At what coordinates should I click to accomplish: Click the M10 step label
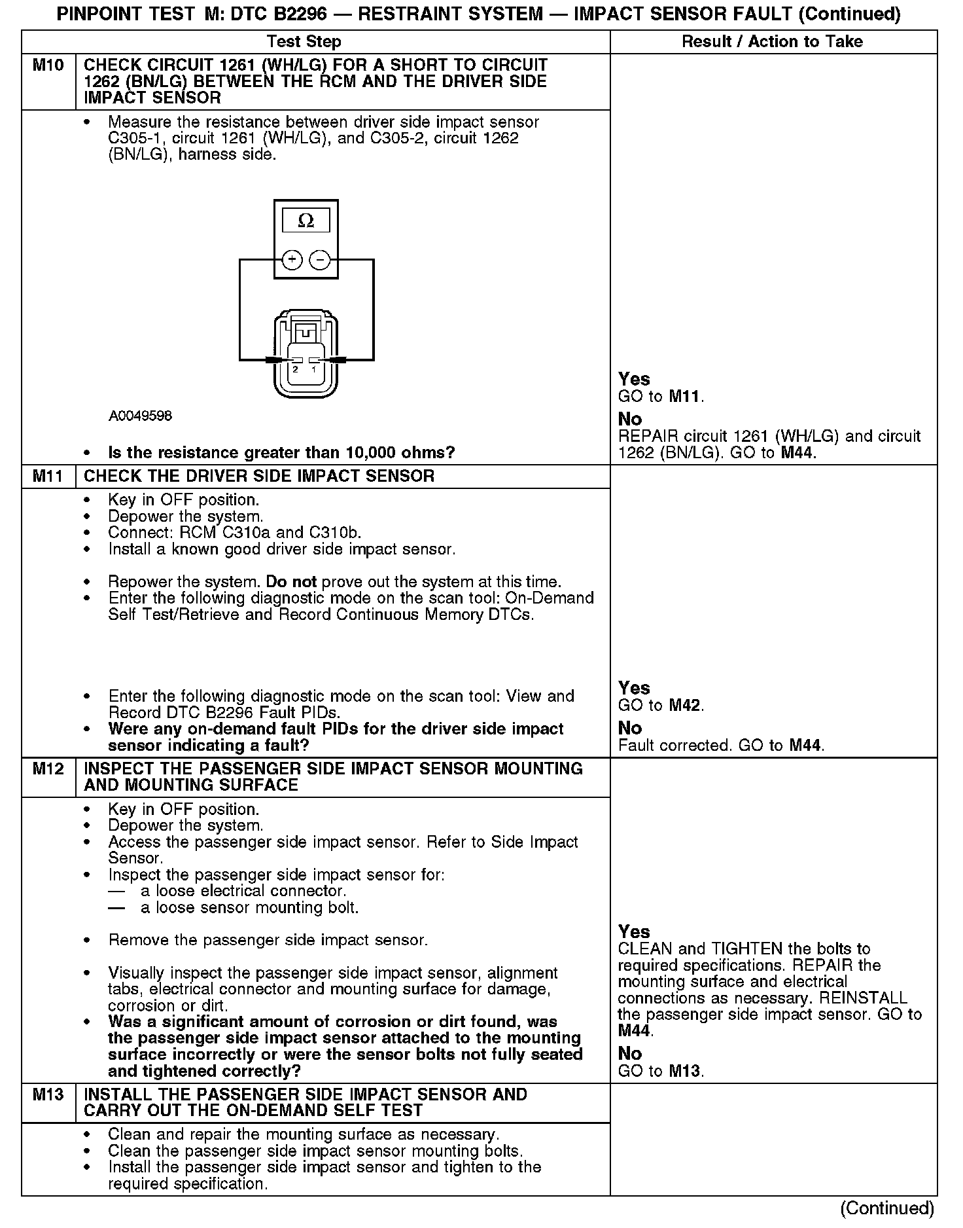click(48, 65)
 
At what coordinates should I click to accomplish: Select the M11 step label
click(48, 476)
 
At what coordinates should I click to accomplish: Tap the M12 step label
click(48, 768)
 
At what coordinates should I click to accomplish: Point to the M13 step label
click(48, 1094)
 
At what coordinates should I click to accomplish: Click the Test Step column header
click(304, 42)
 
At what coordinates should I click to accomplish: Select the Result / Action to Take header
click(772, 42)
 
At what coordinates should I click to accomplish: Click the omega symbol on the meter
click(306, 221)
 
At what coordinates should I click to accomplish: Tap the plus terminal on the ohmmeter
click(292, 260)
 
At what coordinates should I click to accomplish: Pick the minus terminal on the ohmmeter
click(319, 260)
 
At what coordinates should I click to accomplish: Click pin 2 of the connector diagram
click(296, 369)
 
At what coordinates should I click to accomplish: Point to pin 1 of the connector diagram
click(313, 369)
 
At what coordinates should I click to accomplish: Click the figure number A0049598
click(140, 416)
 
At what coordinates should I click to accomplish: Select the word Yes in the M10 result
click(634, 379)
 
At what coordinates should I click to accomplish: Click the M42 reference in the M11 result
click(685, 706)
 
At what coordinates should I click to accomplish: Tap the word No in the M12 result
click(630, 1053)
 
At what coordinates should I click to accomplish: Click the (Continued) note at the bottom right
click(887, 1208)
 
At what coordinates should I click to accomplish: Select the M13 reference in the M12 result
click(685, 1072)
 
